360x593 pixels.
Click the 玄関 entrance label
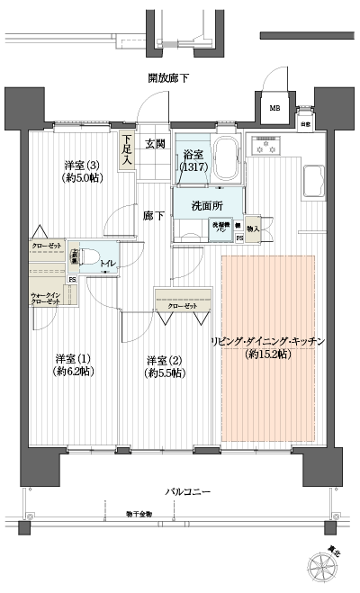[156, 144]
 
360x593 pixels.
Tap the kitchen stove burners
[268, 146]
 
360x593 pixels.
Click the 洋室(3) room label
[82, 171]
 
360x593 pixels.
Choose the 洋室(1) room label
[72, 364]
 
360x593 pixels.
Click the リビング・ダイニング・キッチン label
[266, 347]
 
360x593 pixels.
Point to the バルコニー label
[187, 492]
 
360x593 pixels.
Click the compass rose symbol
[326, 565]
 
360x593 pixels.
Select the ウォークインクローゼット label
[46, 296]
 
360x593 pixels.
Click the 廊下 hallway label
[153, 215]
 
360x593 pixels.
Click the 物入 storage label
[253, 229]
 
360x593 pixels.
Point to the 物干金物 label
[139, 513]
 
